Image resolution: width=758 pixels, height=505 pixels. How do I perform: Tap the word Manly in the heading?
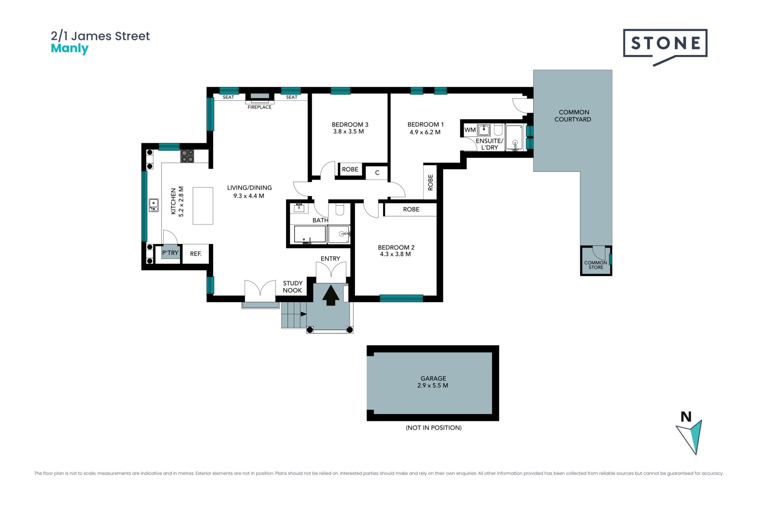click(x=69, y=49)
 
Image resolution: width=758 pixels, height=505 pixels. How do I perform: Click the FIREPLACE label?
click(x=259, y=107)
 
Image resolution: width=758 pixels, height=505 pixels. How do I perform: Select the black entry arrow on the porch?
click(x=331, y=296)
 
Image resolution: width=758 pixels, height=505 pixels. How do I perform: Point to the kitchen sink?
click(x=154, y=205)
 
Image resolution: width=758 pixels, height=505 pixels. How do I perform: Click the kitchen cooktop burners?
click(x=187, y=156)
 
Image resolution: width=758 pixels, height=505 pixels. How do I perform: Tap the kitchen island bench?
click(x=203, y=206)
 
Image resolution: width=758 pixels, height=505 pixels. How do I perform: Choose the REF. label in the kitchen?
click(x=196, y=254)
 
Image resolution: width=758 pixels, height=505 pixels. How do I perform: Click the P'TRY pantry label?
click(x=170, y=252)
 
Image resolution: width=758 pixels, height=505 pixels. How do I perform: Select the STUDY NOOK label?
click(x=293, y=287)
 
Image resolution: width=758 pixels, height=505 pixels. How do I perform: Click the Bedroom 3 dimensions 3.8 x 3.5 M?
click(x=349, y=131)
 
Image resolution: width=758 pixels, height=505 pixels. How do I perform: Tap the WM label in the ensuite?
click(x=470, y=130)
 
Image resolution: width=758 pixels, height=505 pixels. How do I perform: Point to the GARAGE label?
click(x=433, y=378)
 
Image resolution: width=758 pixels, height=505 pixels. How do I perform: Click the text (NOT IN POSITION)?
click(x=433, y=428)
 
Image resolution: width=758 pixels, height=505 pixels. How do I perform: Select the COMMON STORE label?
click(x=596, y=265)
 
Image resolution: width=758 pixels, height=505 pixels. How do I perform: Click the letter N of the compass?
click(x=686, y=417)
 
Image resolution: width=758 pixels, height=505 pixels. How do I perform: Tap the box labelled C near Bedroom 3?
click(x=377, y=172)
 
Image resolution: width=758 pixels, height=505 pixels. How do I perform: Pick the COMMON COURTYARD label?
click(x=573, y=116)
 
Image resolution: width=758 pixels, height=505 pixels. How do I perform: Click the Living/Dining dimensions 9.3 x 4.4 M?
click(x=249, y=196)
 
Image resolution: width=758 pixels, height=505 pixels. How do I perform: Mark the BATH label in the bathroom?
click(x=321, y=220)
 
